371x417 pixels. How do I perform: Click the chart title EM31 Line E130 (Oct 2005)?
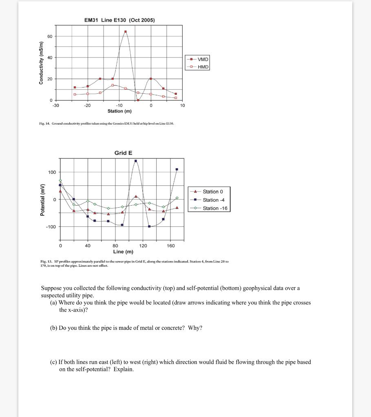[119, 20]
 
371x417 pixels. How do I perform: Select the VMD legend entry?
[203, 59]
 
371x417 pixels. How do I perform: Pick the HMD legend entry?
[203, 67]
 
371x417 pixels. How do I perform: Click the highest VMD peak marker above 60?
[126, 31]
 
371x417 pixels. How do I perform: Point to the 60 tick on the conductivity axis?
[49, 37]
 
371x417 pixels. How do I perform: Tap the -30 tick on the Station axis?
[56, 105]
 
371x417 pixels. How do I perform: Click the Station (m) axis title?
[119, 111]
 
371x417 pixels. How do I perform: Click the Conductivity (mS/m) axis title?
[41, 63]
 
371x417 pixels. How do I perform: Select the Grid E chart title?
[123, 153]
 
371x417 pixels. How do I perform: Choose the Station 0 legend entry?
[213, 191]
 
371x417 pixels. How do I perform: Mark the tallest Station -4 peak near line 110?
[136, 161]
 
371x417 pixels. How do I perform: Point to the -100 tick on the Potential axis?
[51, 226]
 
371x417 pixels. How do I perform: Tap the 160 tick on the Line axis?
[170, 246]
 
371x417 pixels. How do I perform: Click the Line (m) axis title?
[123, 251]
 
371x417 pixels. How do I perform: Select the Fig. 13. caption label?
[46, 261]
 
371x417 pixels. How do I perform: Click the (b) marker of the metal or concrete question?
[53, 328]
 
